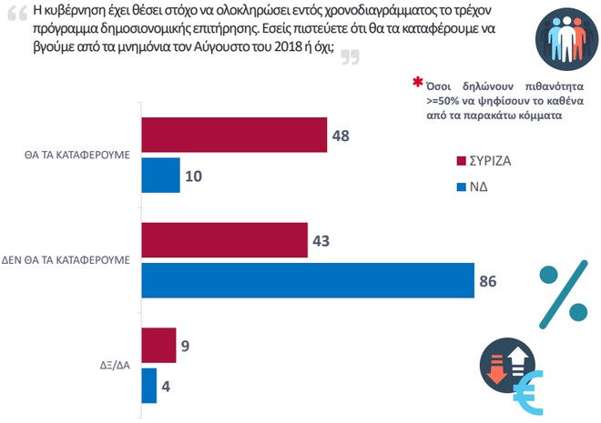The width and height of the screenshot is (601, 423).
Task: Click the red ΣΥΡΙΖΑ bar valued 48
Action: click(x=232, y=136)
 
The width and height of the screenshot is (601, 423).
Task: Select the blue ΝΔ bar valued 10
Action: click(x=161, y=175)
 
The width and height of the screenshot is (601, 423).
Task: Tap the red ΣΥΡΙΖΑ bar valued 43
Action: click(x=223, y=241)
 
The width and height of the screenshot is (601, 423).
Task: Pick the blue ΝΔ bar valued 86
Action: click(x=306, y=281)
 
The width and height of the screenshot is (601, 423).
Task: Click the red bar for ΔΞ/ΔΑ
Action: click(x=158, y=346)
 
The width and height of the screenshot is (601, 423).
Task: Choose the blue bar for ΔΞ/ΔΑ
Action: click(x=149, y=385)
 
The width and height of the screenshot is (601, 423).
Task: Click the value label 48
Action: click(x=341, y=136)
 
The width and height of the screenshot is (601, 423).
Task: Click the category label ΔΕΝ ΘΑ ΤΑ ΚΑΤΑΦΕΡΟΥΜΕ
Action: click(x=68, y=260)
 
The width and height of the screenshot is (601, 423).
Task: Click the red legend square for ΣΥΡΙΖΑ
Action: click(x=461, y=160)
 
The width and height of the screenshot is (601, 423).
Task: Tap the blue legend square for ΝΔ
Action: click(x=461, y=188)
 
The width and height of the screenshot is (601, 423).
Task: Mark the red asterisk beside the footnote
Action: click(x=418, y=85)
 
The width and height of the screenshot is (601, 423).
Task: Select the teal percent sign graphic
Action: click(x=563, y=293)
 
